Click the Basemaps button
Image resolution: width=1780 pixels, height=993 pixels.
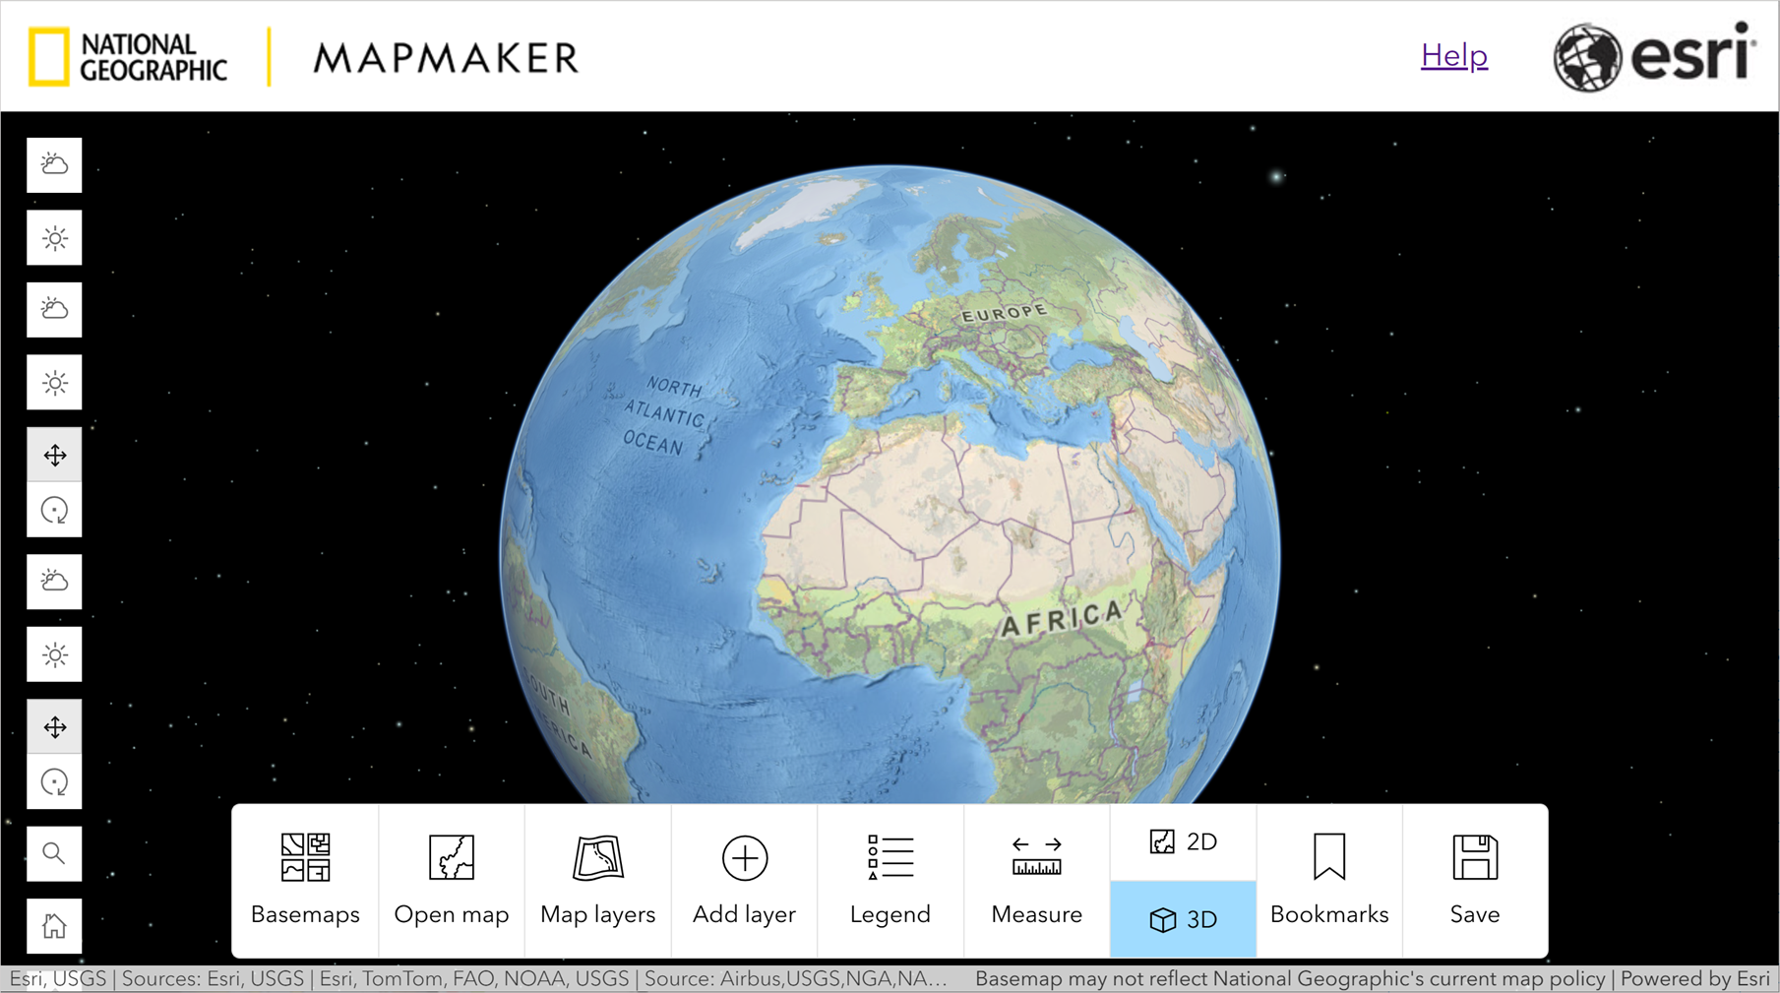point(305,879)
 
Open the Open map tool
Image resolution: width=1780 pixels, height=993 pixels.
point(451,879)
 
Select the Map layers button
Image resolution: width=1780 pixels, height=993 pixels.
point(597,879)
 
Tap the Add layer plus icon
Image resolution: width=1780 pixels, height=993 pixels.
point(744,859)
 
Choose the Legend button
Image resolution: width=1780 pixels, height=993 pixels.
point(890,879)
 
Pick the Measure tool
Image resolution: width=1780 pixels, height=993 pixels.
point(1036,879)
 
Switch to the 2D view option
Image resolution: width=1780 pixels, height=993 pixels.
point(1183,842)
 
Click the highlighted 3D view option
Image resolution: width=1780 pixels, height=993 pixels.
point(1183,919)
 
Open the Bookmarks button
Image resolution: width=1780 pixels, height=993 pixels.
point(1328,879)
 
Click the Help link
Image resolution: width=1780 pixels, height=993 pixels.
point(1453,56)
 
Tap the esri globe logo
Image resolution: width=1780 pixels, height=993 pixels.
point(1586,58)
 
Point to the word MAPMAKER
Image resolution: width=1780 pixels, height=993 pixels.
point(446,58)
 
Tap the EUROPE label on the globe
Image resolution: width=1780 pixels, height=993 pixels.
point(1005,313)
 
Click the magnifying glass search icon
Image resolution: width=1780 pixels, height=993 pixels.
point(54,853)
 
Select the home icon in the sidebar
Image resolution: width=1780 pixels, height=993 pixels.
point(54,926)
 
